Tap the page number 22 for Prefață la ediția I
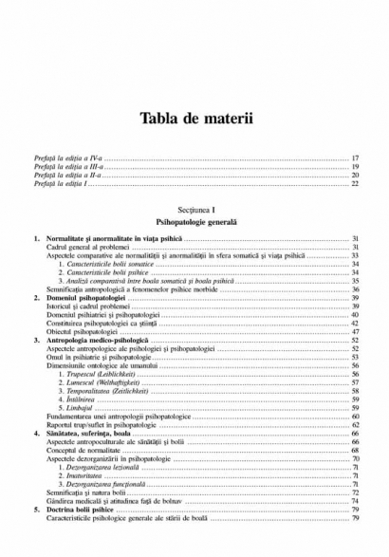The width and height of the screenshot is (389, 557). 355,183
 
